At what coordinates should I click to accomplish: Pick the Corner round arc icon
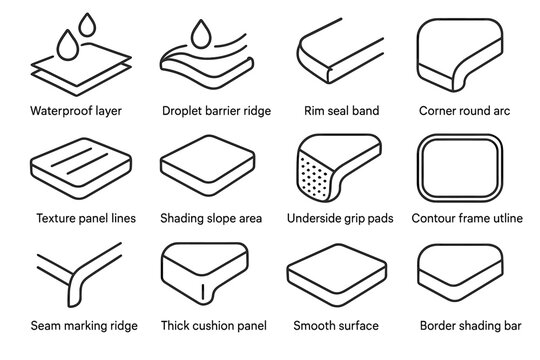tap(464, 54)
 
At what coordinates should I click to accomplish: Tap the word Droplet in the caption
tap(180, 111)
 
